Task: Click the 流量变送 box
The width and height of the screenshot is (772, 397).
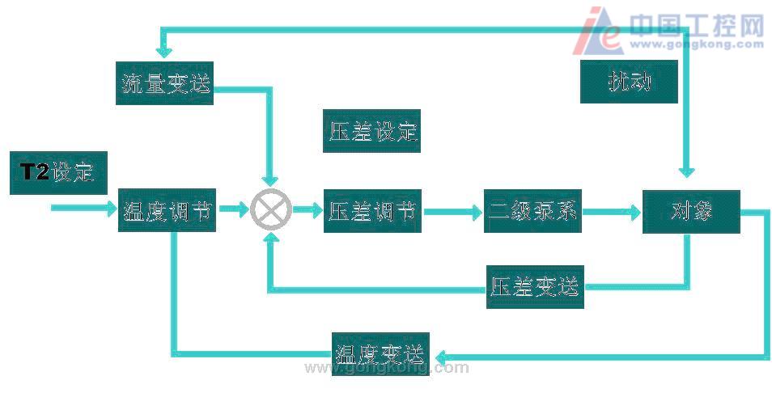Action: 164,82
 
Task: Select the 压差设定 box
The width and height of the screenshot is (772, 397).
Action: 371,131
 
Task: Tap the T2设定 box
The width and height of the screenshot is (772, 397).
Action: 58,173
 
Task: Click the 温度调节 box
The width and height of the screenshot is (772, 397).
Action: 167,210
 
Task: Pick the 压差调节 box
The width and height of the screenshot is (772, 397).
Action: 373,210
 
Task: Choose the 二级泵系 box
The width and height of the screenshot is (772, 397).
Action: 532,210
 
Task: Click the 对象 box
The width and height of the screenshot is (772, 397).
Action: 691,212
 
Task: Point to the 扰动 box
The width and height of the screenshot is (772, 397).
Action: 630,82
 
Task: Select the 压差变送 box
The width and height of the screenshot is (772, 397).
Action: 535,287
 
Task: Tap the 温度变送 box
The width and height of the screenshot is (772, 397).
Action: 380,353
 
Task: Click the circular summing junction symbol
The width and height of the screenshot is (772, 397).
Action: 271,210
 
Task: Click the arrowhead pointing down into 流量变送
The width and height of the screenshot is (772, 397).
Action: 164,52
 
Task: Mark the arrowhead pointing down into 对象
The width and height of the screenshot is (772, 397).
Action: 687,171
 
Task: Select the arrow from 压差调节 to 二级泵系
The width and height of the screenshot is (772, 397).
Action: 452,212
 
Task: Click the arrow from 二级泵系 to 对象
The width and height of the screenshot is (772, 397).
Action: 612,213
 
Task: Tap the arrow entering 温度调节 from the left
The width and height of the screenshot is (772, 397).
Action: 84,208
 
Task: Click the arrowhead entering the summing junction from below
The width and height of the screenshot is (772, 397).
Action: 271,238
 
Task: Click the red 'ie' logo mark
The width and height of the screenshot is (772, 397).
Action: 598,31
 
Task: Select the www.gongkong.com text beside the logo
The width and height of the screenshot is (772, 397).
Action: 697,44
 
